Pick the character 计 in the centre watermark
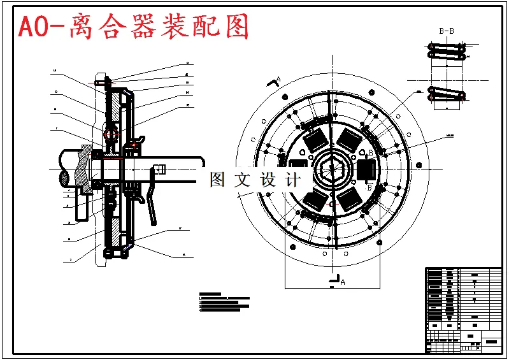point(294,180)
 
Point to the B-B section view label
point(447,31)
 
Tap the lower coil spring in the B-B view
point(447,94)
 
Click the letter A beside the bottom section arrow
point(343,281)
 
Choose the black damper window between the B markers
point(364,170)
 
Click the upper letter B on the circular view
point(370,153)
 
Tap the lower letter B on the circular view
point(369,188)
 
